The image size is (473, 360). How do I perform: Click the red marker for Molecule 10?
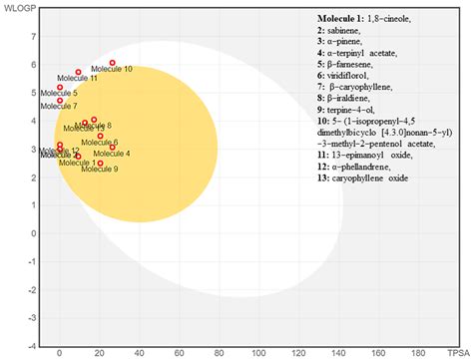(x=112, y=63)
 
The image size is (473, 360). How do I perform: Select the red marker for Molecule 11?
(x=78, y=72)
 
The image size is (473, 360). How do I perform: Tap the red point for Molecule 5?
(x=60, y=87)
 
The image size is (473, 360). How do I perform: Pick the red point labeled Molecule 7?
(x=60, y=100)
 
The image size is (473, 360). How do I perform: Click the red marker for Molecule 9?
(x=100, y=163)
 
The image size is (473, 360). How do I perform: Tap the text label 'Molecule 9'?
(x=99, y=170)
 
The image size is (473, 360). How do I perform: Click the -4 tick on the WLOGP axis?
(x=34, y=345)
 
